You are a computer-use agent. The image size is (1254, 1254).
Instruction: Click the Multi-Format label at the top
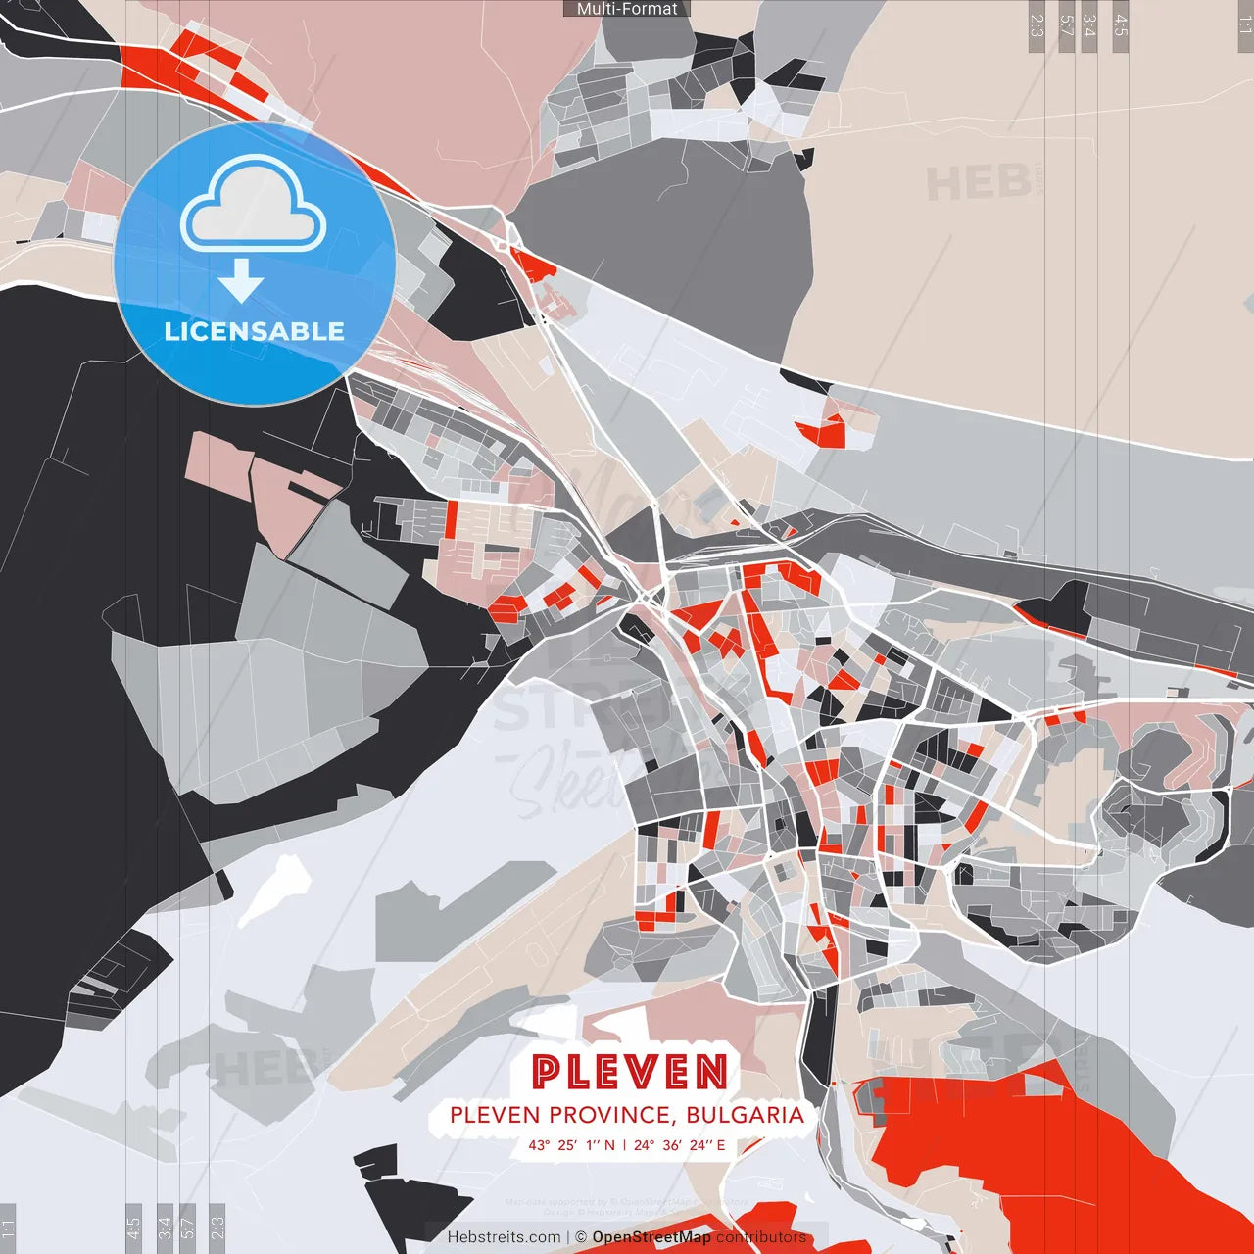627,9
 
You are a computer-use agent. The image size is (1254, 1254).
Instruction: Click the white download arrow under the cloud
241,282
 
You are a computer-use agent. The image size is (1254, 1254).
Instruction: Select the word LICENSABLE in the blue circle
255,331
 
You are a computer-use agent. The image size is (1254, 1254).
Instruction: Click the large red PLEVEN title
630,1072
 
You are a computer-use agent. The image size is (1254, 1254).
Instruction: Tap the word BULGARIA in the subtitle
745,1115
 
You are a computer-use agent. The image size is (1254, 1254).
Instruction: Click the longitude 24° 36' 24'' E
679,1144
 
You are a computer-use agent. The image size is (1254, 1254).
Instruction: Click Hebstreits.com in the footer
504,1237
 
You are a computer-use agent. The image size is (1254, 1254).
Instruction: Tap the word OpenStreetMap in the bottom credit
651,1237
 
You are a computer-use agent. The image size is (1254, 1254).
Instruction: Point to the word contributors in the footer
761,1237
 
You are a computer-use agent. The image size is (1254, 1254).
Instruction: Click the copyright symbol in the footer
581,1237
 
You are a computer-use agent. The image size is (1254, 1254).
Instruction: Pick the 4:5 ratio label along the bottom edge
134,1228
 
